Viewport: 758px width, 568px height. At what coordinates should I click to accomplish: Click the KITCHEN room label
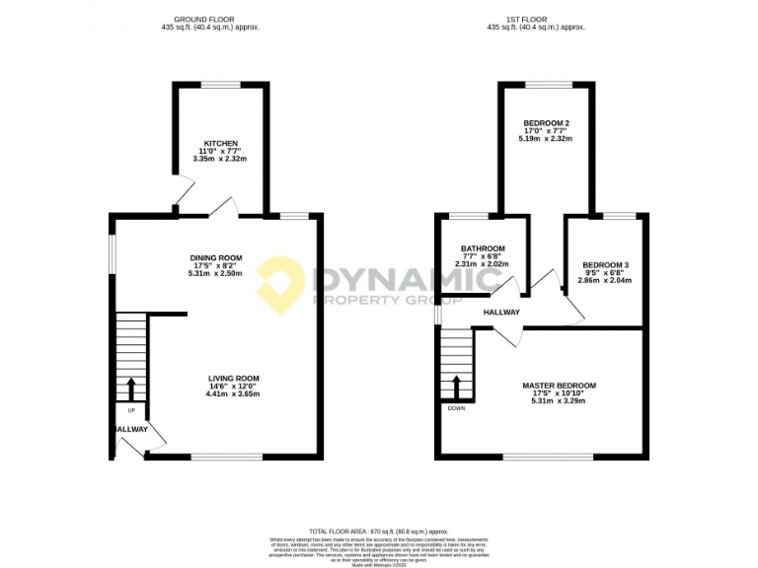coord(219,143)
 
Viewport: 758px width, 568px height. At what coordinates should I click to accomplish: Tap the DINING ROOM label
coord(216,258)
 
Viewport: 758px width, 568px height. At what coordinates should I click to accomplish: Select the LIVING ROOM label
coord(233,378)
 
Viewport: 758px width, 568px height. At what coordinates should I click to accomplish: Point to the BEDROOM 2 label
coord(546,122)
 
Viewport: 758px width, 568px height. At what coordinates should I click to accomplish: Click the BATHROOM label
coord(483,248)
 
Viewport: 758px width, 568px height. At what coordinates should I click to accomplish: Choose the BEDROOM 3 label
coord(604,265)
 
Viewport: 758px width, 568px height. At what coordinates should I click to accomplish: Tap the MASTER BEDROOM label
coord(559,386)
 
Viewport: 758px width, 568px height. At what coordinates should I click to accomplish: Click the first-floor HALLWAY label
coord(501,313)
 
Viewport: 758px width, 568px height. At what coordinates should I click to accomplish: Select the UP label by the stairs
coord(131,409)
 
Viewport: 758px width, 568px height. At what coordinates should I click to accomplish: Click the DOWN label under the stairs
coord(456,407)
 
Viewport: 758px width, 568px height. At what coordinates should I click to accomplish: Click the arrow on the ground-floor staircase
coord(131,386)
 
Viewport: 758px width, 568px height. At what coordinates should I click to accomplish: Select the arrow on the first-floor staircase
coord(456,385)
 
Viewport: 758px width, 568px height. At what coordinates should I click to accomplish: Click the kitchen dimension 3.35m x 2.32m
coord(219,158)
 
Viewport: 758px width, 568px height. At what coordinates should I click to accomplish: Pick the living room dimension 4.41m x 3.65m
coord(233,393)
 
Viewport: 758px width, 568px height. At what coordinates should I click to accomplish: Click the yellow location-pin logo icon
coord(281,283)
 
